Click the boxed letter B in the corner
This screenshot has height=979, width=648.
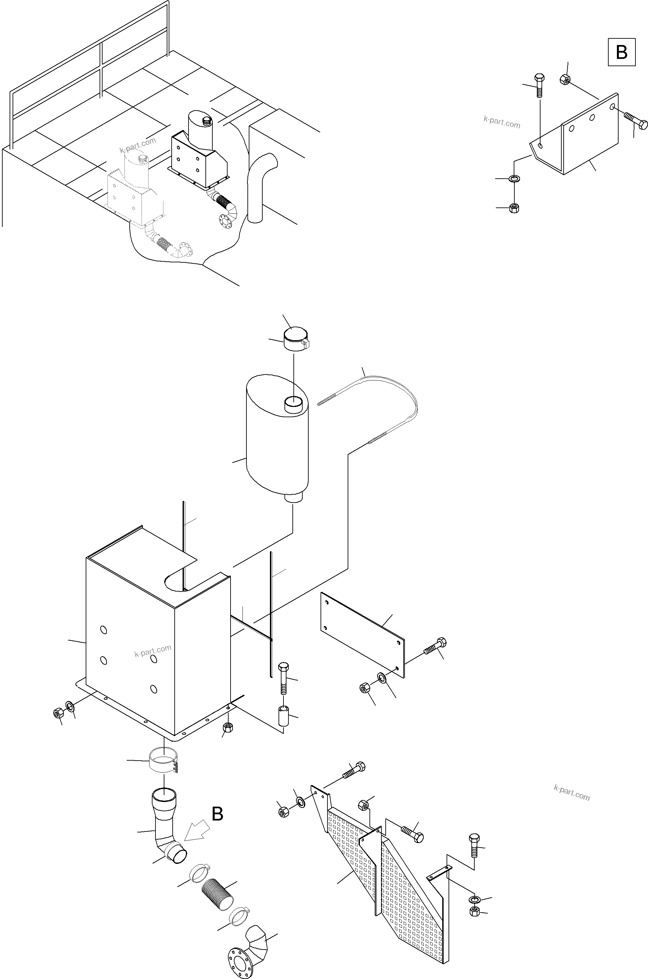pyautogui.click(x=621, y=52)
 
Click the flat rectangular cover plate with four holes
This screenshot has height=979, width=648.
pyautogui.click(x=363, y=634)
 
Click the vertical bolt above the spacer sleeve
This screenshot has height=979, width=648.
pyautogui.click(x=283, y=678)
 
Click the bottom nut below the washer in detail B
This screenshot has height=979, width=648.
pyautogui.click(x=514, y=208)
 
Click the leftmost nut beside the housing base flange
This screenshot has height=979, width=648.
pyautogui.click(x=58, y=713)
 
